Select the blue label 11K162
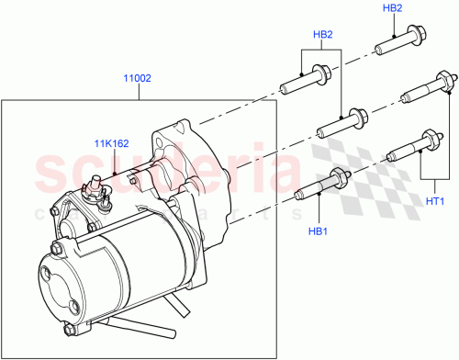click(x=111, y=142)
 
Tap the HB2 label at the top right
click(x=393, y=8)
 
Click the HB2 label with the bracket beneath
click(x=322, y=36)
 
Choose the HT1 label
click(x=434, y=202)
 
